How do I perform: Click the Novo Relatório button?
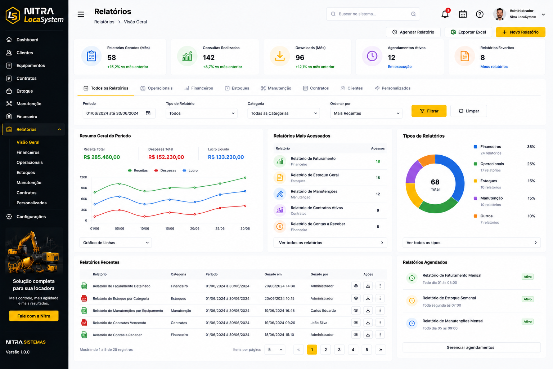(x=520, y=32)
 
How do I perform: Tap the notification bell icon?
(x=445, y=14)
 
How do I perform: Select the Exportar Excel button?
(x=468, y=32)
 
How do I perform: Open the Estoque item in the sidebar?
(x=24, y=91)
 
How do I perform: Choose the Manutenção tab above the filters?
(x=276, y=88)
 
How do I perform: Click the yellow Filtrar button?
(x=429, y=111)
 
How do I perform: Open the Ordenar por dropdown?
(x=366, y=113)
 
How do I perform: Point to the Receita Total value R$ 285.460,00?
(x=102, y=157)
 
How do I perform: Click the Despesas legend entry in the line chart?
(x=165, y=170)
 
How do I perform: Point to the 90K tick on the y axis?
(x=84, y=188)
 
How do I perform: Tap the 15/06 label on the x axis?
(x=170, y=228)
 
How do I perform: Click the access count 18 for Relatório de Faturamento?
(x=378, y=161)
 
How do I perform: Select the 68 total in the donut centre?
(x=435, y=182)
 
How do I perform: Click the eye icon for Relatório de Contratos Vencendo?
(x=356, y=323)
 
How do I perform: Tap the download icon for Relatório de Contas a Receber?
(x=368, y=335)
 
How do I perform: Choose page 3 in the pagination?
(x=339, y=350)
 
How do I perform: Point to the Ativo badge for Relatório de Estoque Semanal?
(x=527, y=299)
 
